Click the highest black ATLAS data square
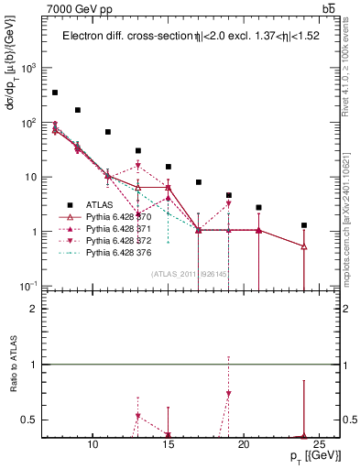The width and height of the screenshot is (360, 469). pyautogui.click(x=55, y=93)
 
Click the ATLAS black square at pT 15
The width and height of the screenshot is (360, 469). pyautogui.click(x=169, y=167)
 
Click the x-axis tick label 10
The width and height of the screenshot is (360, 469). pyautogui.click(x=93, y=445)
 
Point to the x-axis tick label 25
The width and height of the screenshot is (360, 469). pyautogui.click(x=319, y=445)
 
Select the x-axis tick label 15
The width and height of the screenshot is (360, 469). pyautogui.click(x=168, y=445)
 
